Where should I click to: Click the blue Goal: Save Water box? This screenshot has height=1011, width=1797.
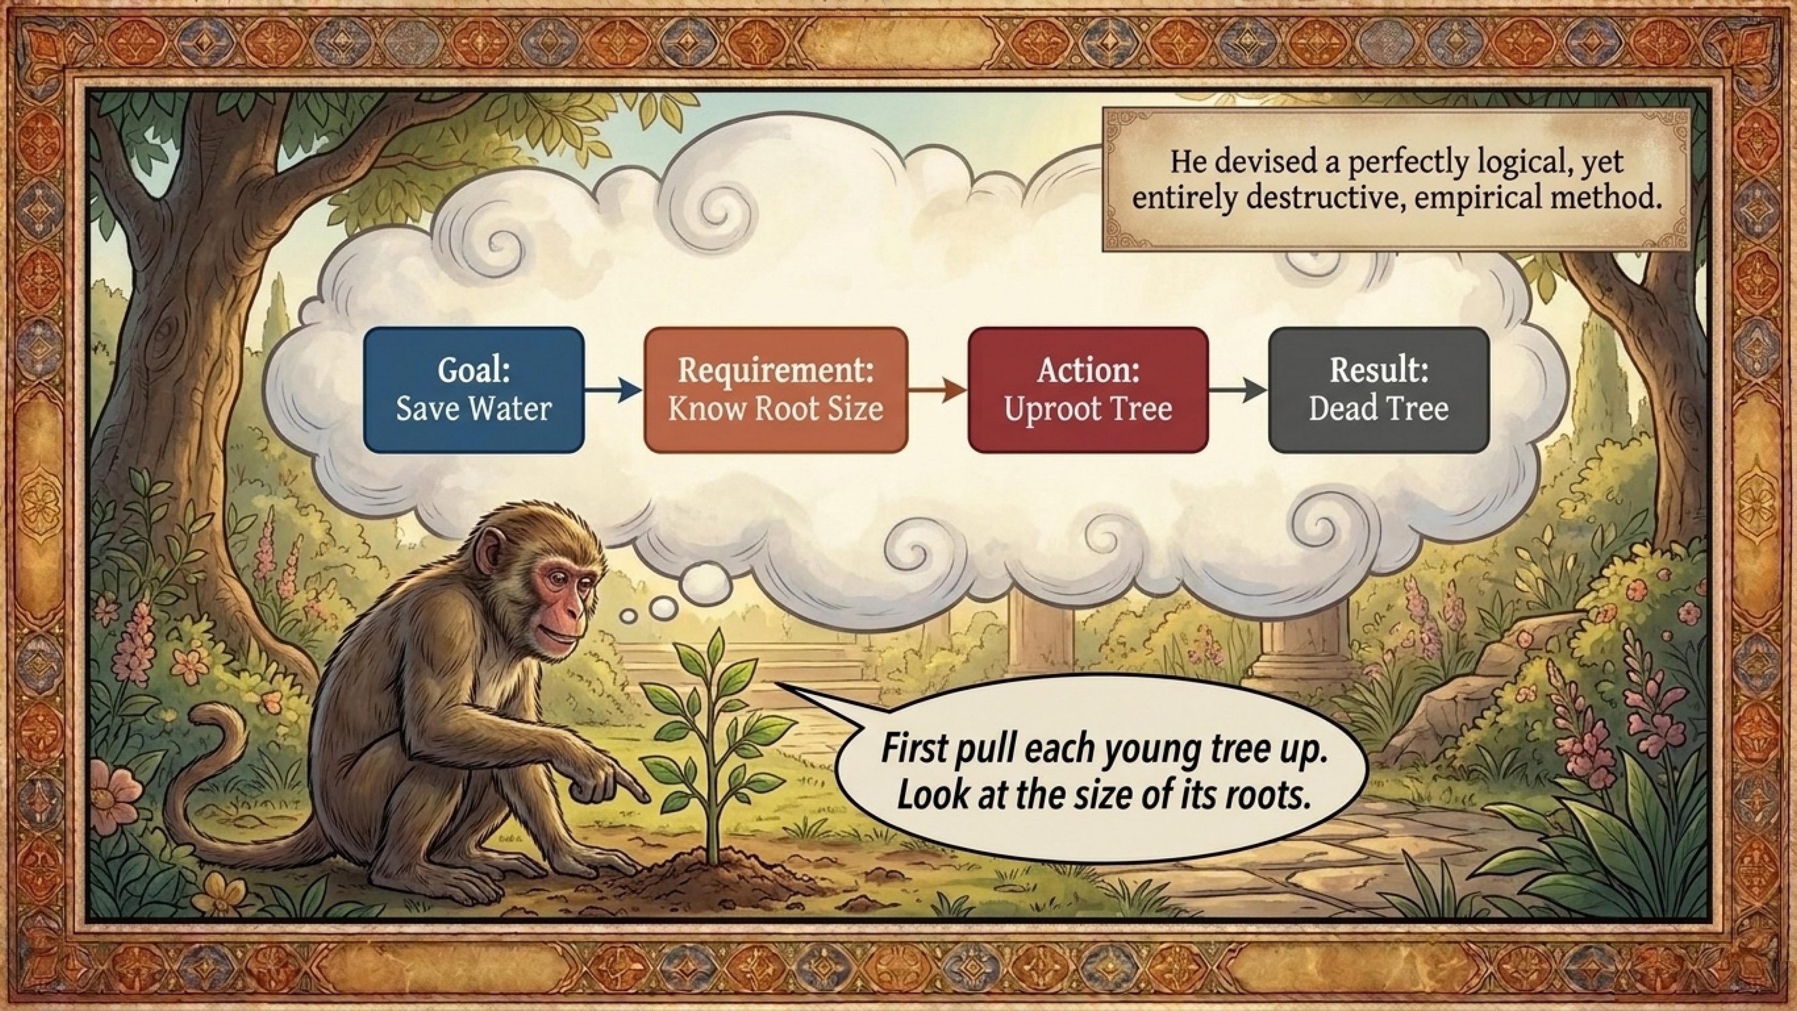coord(474,390)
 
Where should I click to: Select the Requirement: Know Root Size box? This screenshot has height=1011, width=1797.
coord(776,390)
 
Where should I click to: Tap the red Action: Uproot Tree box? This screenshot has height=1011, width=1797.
coord(1088,390)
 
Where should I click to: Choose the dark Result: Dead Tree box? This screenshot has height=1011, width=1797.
coord(1378,390)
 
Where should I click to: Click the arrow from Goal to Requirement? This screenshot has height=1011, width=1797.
coord(613,391)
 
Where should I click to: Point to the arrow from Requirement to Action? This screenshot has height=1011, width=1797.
coord(938,391)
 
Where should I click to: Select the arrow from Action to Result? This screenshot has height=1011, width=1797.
coord(1238,391)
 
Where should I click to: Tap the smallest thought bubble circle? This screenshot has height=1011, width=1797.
coord(629,616)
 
